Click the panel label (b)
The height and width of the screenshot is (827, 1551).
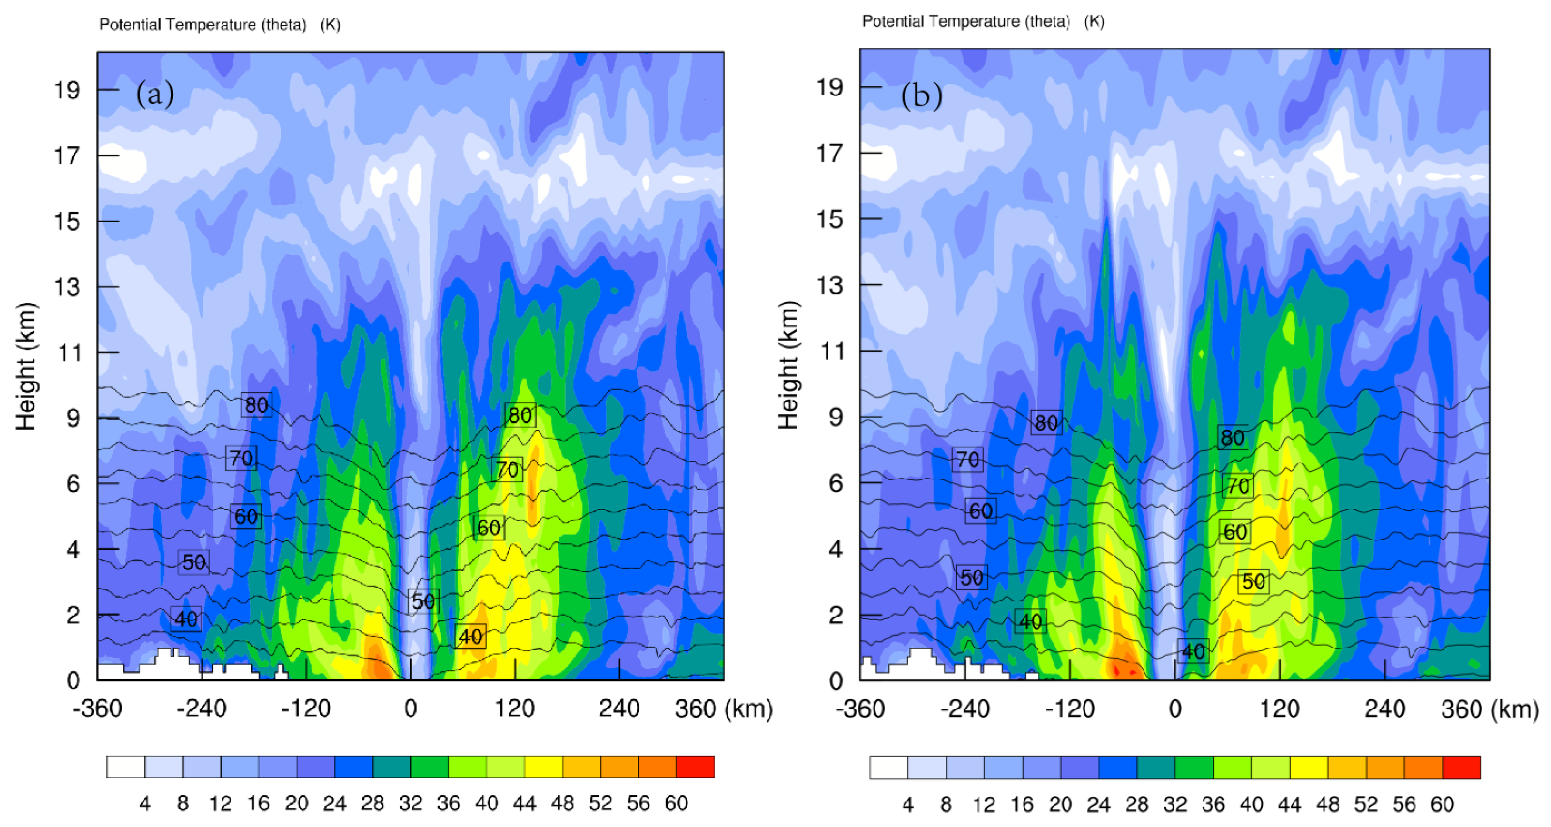(x=921, y=96)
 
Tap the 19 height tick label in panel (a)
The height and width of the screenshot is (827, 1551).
(x=67, y=90)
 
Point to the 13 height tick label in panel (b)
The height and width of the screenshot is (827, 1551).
(x=829, y=285)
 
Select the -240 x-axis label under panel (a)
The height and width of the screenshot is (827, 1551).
(x=201, y=708)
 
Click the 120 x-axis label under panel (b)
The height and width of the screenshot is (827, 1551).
(x=1280, y=709)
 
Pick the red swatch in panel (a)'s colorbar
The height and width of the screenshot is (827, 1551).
(x=695, y=767)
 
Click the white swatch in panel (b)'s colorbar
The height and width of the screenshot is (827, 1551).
(x=888, y=768)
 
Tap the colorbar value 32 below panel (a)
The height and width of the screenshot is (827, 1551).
(x=410, y=803)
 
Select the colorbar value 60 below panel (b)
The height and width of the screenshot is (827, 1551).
(x=1442, y=804)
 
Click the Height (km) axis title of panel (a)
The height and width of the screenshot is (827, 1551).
(x=26, y=366)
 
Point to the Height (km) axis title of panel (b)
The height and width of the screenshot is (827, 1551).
(x=788, y=365)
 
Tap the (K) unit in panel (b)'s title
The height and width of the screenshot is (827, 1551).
(x=1094, y=21)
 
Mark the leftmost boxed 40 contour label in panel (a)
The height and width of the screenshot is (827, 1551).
(x=185, y=619)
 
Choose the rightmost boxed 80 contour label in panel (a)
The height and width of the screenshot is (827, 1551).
(x=520, y=415)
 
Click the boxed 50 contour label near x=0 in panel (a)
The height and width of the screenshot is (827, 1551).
(x=423, y=601)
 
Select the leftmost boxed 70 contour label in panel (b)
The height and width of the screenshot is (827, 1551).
(x=967, y=460)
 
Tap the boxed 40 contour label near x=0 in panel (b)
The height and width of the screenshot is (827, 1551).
(x=1193, y=651)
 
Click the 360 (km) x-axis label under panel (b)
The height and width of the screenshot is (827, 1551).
(x=1489, y=709)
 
